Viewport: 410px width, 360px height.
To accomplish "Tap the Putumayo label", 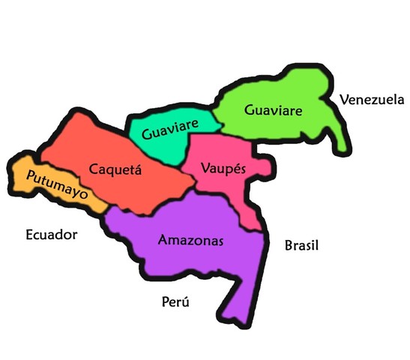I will click(56, 184).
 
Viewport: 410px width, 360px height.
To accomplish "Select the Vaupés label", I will click(223, 169).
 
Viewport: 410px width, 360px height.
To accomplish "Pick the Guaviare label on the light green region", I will click(273, 110).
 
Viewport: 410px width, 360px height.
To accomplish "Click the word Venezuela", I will click(372, 99).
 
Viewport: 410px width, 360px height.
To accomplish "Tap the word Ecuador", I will click(51, 235).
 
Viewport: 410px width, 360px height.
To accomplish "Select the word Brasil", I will click(302, 245).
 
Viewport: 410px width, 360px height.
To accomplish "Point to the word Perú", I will click(175, 301).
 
